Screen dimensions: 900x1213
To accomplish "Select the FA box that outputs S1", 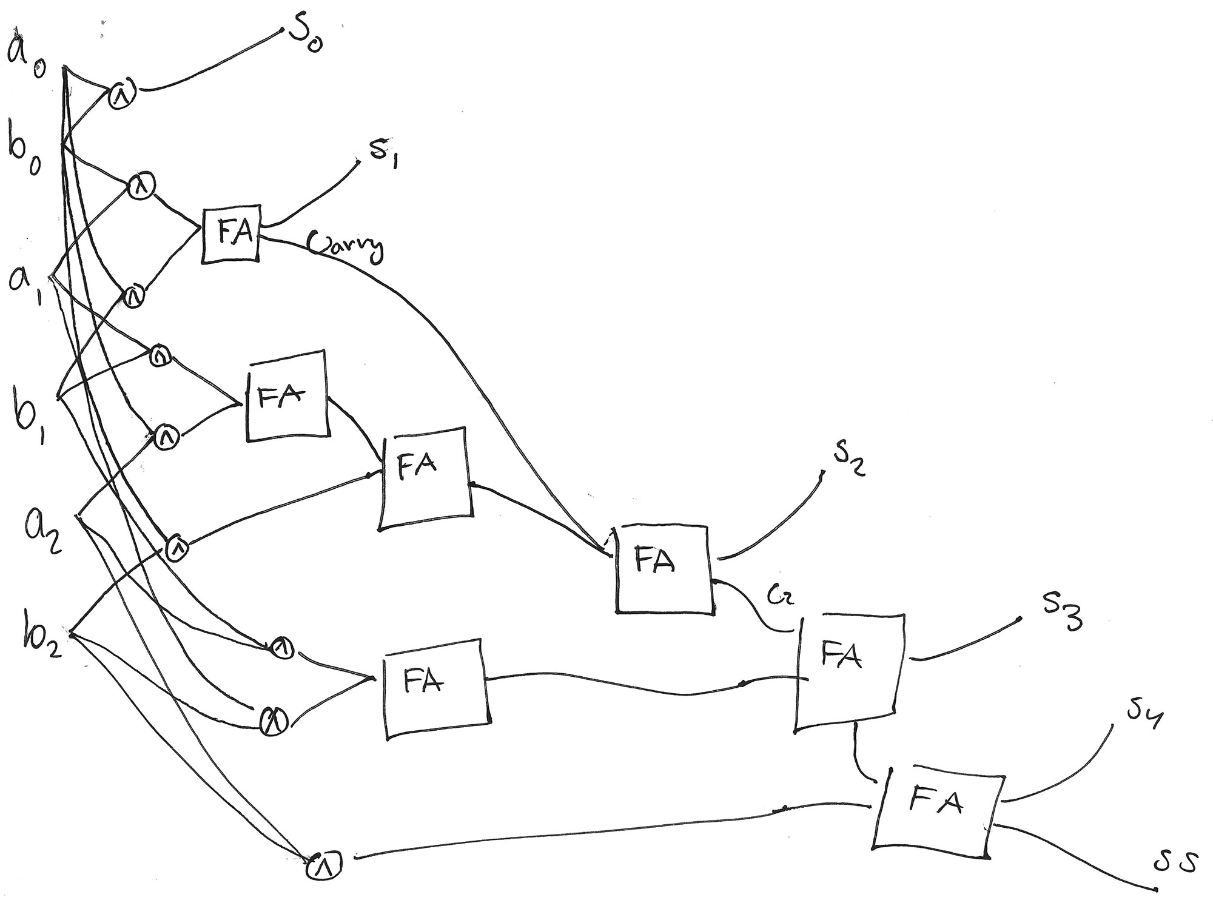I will pyautogui.click(x=230, y=234).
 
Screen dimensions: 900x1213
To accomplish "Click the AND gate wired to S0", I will pyautogui.click(x=122, y=95).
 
